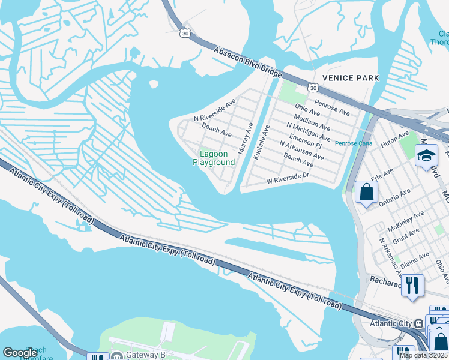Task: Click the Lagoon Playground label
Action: (x=213, y=158)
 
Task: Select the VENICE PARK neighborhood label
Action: (x=351, y=78)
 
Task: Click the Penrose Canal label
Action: (x=354, y=143)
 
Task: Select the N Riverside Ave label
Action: (x=215, y=110)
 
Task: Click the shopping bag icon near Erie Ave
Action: (x=366, y=193)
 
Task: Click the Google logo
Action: (x=20, y=353)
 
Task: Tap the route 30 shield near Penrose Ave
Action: (x=313, y=88)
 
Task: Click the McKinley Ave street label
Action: (x=406, y=221)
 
